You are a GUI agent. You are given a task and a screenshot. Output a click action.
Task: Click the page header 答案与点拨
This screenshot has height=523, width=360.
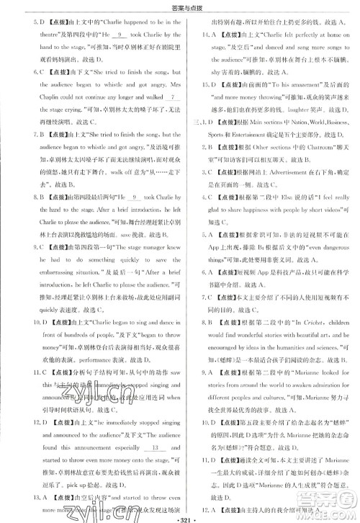pos(179,7)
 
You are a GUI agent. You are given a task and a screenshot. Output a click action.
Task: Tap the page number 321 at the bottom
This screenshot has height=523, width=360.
pos(179,516)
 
